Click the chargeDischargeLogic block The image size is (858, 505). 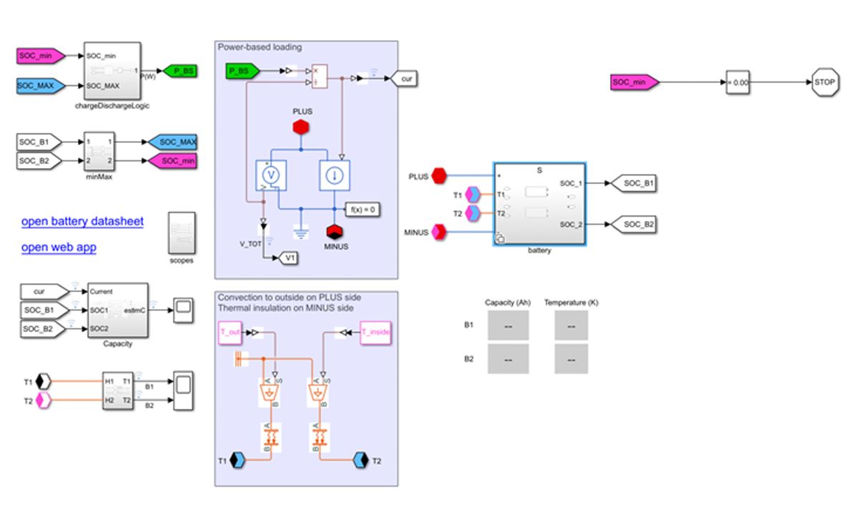(112, 71)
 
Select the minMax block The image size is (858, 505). (99, 151)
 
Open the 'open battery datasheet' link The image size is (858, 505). (82, 222)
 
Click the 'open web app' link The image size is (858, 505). (59, 247)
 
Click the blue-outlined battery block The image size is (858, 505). (539, 204)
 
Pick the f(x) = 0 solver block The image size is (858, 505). (363, 210)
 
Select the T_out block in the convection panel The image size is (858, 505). (231, 333)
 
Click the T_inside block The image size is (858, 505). (375, 333)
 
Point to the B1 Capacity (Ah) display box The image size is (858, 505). (508, 325)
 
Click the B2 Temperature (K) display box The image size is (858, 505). (571, 359)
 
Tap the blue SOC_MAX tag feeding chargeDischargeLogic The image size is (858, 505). (41, 86)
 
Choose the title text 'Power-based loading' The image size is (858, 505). (260, 47)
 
